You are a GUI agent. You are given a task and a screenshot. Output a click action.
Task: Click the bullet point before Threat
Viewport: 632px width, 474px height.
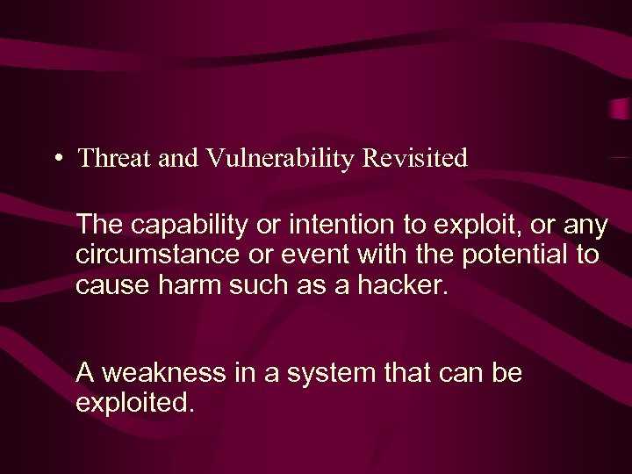pyautogui.click(x=57, y=159)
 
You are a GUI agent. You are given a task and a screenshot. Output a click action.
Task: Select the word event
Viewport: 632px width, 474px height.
pyautogui.click(x=298, y=255)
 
